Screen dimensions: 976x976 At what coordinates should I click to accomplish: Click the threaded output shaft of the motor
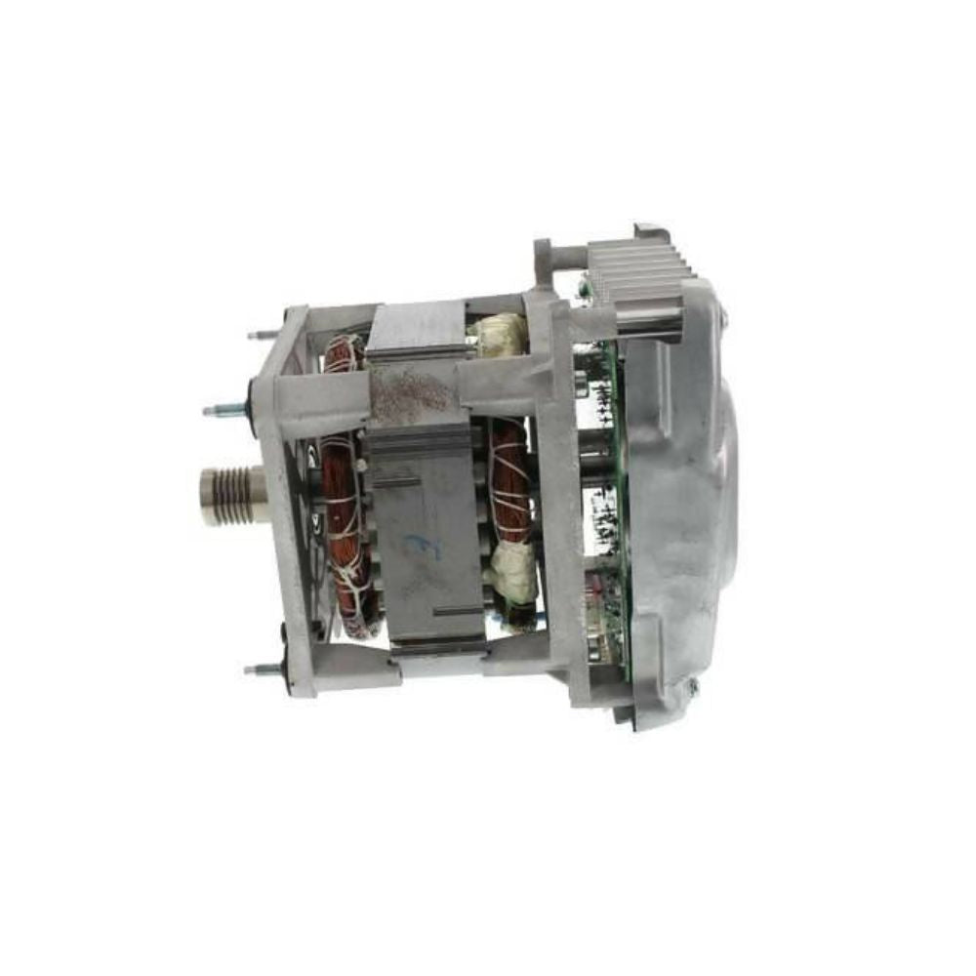(231, 496)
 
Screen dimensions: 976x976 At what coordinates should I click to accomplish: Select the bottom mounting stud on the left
(261, 669)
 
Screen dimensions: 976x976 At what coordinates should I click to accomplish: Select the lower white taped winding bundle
(515, 573)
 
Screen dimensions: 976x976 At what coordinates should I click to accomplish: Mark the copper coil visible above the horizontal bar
(344, 353)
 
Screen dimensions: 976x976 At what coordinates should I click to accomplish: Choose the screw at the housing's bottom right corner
(692, 687)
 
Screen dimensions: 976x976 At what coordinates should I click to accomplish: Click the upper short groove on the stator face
(398, 482)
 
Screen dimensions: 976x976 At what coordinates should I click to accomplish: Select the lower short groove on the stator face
(456, 612)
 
